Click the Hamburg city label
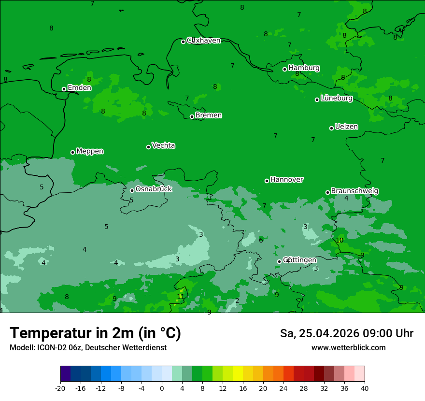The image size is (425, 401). pyautogui.click(x=304, y=68)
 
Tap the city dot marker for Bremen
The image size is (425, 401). pyautogui.click(x=192, y=116)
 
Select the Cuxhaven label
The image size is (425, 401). pyautogui.click(x=203, y=41)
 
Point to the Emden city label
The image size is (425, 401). pyautogui.click(x=79, y=88)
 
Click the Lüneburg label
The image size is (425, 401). pyautogui.click(x=336, y=98)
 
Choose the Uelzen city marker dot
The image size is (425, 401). pyautogui.click(x=331, y=128)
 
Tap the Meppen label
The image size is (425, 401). pyautogui.click(x=90, y=151)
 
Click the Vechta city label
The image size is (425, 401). pyautogui.click(x=163, y=145)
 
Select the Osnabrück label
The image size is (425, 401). pyautogui.click(x=154, y=189)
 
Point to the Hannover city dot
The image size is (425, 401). pyautogui.click(x=267, y=181)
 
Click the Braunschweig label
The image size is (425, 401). pyautogui.click(x=354, y=191)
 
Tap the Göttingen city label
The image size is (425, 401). pyautogui.click(x=299, y=260)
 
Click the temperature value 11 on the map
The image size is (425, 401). pyautogui.click(x=181, y=297)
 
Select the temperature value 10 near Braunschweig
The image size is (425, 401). pyautogui.click(x=340, y=240)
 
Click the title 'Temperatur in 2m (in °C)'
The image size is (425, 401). pyautogui.click(x=95, y=333)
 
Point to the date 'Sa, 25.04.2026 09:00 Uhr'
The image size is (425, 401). pyautogui.click(x=346, y=333)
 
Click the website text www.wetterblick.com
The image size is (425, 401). pyautogui.click(x=348, y=348)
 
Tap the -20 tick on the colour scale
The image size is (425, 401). pyautogui.click(x=60, y=388)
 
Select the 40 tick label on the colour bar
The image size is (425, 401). pyautogui.click(x=364, y=388)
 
